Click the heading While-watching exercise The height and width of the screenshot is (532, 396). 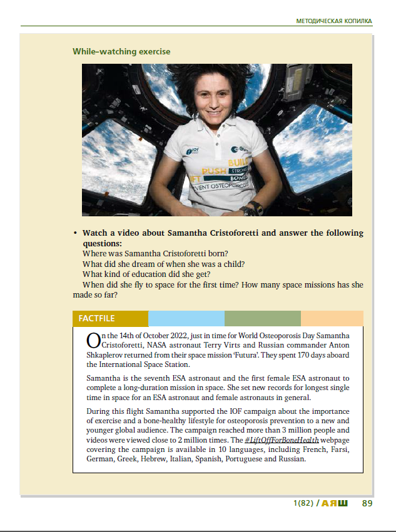coord(121,51)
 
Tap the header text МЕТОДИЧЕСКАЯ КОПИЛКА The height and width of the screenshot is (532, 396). coord(334,21)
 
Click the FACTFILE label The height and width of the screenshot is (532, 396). coord(96,318)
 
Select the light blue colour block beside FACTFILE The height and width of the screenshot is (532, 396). coord(186,318)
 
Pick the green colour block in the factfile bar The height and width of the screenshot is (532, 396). coord(262,318)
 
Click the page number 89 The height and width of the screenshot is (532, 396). coord(367,503)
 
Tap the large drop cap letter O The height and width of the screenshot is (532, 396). coord(93,341)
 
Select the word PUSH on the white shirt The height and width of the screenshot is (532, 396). coord(214,169)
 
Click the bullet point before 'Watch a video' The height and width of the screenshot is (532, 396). coord(75,233)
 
